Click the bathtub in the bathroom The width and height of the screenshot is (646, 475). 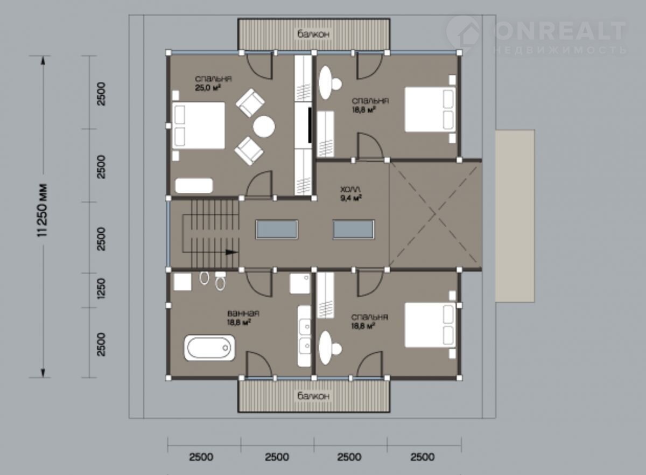209,348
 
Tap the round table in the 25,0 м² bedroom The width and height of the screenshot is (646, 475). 264,127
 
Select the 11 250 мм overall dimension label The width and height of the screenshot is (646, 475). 43,210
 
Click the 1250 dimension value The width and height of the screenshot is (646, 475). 101,289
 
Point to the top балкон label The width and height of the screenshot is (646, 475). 313,34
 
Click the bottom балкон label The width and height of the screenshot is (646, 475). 313,396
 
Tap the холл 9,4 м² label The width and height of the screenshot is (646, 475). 351,194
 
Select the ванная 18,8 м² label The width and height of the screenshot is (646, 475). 243,317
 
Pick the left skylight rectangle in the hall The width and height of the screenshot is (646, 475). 277,229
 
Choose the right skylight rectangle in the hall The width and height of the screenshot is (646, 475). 354,229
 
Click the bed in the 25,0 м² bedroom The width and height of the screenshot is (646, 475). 199,125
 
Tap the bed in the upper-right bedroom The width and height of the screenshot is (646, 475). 430,109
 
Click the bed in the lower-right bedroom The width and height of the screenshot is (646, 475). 430,325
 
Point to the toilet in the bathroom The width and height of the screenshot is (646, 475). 221,281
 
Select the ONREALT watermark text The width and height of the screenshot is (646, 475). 560,31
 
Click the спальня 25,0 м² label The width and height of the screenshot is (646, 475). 213,83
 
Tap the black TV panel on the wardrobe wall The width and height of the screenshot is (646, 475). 310,125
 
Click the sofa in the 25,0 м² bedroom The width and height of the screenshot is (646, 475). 194,186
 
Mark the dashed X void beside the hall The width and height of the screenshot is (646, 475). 435,214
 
